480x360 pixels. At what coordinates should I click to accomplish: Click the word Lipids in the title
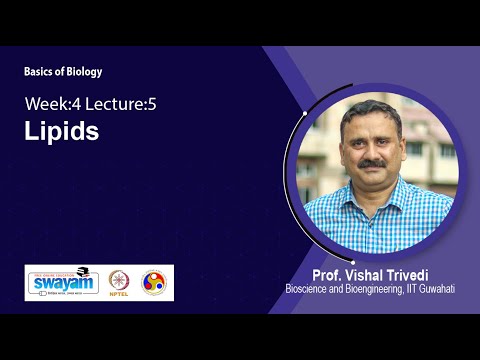62,132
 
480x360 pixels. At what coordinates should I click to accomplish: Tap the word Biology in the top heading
83,71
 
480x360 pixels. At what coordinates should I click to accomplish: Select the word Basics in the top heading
40,71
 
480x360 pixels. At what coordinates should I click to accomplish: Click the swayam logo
62,283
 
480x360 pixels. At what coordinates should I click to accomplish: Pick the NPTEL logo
119,283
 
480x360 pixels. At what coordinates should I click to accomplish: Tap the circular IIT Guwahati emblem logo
154,283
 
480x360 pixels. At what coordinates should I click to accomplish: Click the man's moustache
373,162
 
